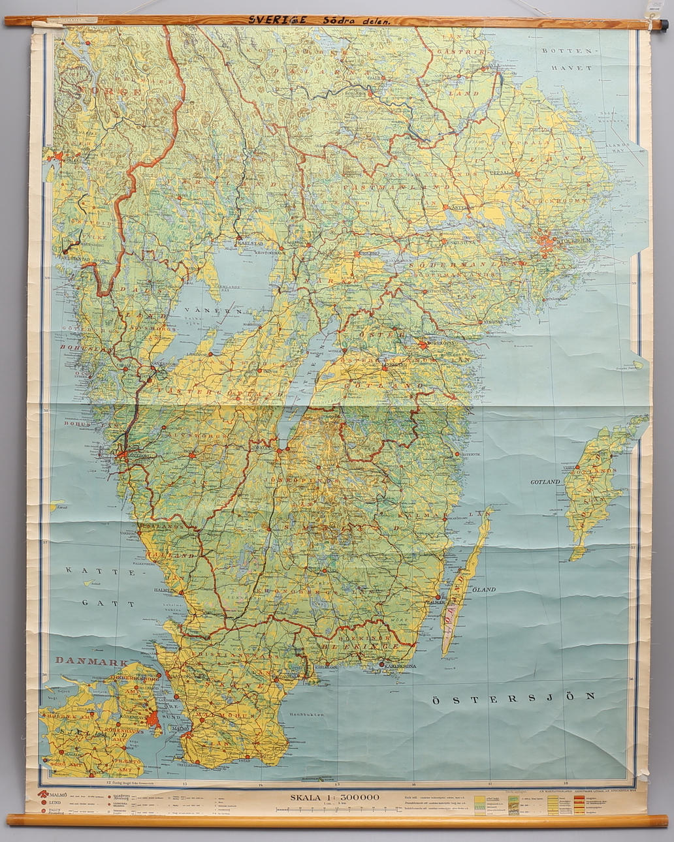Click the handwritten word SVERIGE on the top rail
(277, 20)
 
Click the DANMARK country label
(90, 661)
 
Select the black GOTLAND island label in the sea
(545, 482)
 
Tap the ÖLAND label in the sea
(484, 589)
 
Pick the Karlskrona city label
(400, 666)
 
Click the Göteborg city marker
(123, 452)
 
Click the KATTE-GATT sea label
(100, 586)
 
